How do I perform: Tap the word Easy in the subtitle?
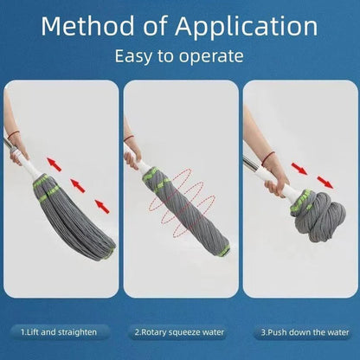pos(135,58)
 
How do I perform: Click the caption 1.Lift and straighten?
pos(59,331)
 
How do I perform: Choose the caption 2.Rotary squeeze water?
pos(179,331)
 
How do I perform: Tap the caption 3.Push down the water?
pos(299,331)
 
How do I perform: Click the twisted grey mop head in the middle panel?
pos(186,212)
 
